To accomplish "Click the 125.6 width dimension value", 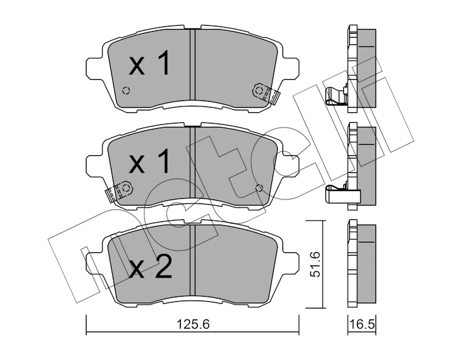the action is coord(193,324).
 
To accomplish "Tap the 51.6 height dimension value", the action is coord(316,264).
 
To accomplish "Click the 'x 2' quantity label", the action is coord(150,267).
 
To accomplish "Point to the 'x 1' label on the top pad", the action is coord(149,63).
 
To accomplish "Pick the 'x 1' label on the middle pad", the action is coord(149,161).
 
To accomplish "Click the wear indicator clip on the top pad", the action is coord(266,93).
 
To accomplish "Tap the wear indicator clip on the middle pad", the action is coord(119,190).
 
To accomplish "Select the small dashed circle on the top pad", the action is coord(126,90).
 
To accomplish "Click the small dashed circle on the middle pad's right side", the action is coord(259,188).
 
